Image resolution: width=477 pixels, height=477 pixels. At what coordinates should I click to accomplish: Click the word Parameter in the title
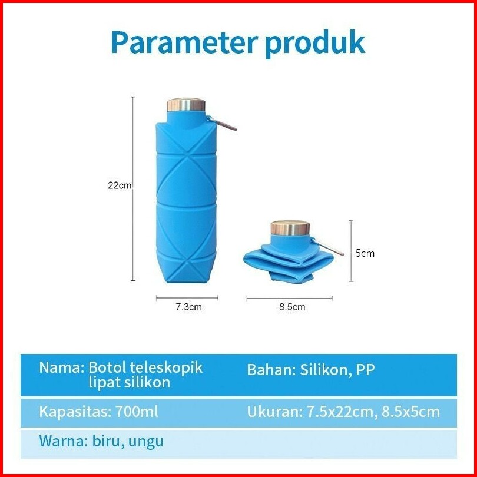click(x=185, y=42)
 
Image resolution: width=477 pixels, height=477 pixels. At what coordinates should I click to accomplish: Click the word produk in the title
click(x=315, y=44)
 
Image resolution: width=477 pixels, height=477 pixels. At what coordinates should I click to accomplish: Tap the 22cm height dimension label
click(x=120, y=185)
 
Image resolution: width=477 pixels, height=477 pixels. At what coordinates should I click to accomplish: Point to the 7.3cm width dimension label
click(x=188, y=307)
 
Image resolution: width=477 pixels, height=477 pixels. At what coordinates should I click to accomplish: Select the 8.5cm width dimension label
click(x=292, y=307)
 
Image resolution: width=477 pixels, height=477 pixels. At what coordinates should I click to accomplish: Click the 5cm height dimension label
click(x=365, y=253)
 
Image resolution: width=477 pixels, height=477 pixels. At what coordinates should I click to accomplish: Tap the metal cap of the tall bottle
click(x=186, y=105)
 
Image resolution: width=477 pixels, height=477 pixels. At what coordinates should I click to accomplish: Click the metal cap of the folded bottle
click(x=290, y=228)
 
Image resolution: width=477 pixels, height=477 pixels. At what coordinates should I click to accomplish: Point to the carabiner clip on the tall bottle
click(x=223, y=124)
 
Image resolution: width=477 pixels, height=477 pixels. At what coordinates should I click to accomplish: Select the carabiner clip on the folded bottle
click(x=327, y=247)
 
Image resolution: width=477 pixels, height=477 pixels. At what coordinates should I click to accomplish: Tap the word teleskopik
click(x=167, y=368)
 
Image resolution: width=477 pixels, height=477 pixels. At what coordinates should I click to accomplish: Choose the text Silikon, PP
click(x=337, y=370)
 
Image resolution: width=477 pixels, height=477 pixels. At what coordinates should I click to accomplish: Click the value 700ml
click(x=137, y=412)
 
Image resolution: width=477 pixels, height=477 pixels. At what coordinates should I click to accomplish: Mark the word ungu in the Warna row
click(x=145, y=442)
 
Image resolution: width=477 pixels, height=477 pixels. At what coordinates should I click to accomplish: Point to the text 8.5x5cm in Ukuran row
click(x=410, y=412)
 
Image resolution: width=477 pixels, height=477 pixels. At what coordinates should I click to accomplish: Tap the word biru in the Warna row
click(x=107, y=441)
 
